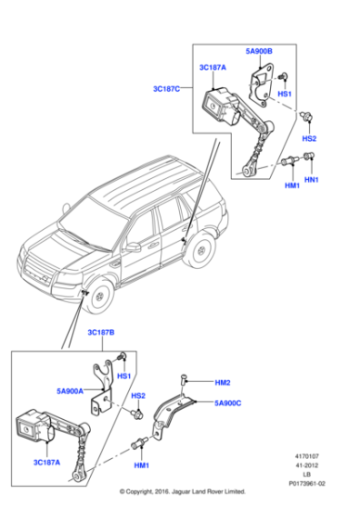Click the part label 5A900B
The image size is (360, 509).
(258, 51)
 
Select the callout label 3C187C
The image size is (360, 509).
(166, 88)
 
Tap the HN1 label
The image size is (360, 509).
(311, 180)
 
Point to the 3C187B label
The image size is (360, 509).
(102, 334)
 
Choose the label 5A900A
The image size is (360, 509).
(70, 392)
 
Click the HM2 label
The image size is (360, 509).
(223, 383)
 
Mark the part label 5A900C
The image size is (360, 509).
(228, 402)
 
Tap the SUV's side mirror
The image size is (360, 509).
(133, 246)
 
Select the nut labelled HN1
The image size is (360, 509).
(308, 158)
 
